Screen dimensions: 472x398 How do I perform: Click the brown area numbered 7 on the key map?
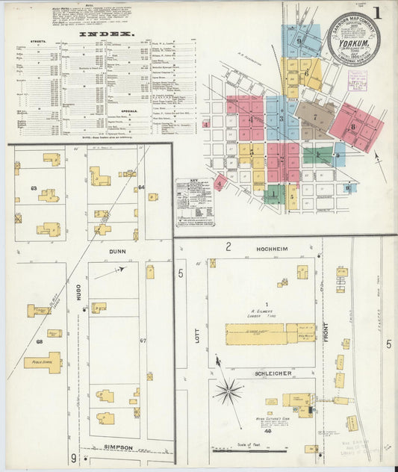pos(314,117)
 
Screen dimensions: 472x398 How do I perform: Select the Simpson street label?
pos(118,447)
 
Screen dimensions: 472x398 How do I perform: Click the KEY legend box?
pos(195,202)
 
